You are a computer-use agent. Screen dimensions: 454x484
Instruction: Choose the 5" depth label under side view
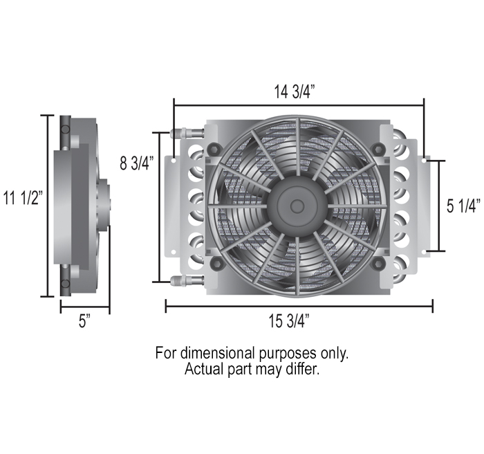pos(84,323)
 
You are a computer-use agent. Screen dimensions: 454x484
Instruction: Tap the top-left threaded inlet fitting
pos(178,131)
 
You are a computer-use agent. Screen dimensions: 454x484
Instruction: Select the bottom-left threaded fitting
pos(178,280)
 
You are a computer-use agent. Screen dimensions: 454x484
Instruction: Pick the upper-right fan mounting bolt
pos(378,148)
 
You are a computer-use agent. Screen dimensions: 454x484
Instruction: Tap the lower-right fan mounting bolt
pos(378,264)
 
